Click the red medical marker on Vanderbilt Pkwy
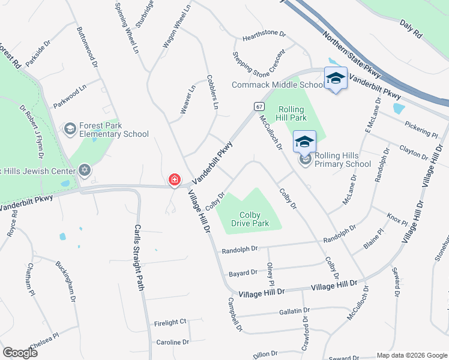(x=175, y=179)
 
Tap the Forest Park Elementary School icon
(x=70, y=129)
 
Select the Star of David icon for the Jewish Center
(x=84, y=170)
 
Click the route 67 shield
(x=259, y=106)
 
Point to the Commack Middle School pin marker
(x=336, y=79)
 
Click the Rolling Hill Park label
(x=291, y=114)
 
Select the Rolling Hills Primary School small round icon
(x=306, y=160)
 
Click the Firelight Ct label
(x=170, y=322)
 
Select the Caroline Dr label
(x=172, y=342)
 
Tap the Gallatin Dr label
(x=294, y=311)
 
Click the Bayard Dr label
(x=243, y=273)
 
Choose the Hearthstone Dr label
(x=262, y=38)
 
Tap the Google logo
(x=20, y=353)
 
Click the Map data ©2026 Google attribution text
(x=411, y=355)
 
